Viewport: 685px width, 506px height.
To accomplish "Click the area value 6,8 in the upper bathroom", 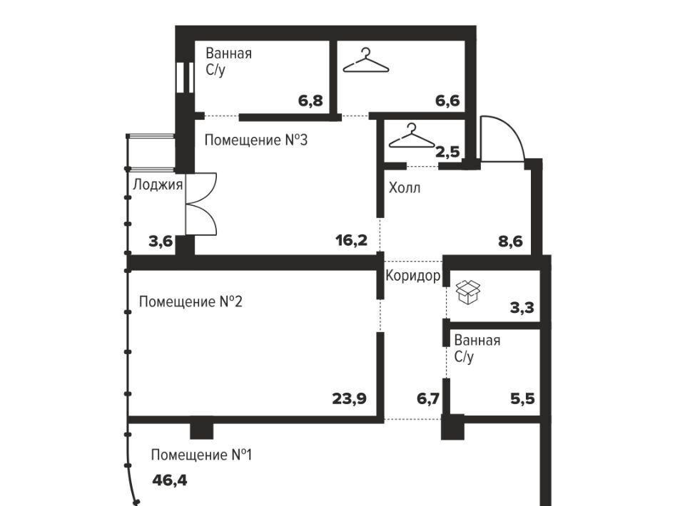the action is [310, 100].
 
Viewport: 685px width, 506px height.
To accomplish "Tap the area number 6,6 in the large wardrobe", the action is [448, 100].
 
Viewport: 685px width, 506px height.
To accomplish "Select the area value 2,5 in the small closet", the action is [448, 152].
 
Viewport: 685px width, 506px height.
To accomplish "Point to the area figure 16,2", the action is [352, 240].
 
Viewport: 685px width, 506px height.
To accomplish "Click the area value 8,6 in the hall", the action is [511, 241].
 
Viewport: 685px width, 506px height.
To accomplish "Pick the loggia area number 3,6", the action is [161, 241].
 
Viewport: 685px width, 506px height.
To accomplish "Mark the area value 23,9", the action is [350, 398].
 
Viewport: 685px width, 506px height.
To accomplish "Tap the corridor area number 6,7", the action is [428, 398].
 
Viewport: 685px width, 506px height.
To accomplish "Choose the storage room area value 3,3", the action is [522, 308].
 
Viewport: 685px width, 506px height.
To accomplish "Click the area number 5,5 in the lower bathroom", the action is [522, 398].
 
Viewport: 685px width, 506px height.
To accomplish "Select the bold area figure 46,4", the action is [170, 480].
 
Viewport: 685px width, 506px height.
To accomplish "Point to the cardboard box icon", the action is [468, 291].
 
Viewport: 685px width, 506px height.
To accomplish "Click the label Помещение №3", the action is [256, 140].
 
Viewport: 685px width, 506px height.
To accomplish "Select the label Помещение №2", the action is [191, 301].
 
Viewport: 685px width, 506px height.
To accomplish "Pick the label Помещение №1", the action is [201, 455].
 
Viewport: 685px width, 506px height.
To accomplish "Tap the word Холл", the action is [405, 188].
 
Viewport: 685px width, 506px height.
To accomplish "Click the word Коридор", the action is [413, 276].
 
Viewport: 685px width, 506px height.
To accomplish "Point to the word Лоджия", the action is [158, 185].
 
